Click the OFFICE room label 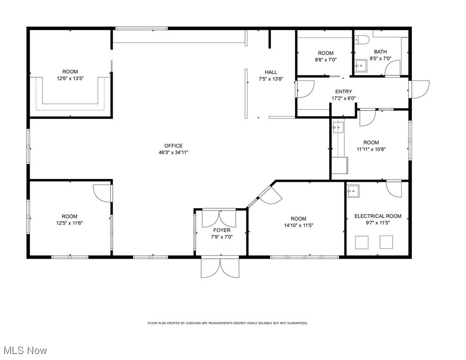[173, 146]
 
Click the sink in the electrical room [353, 191]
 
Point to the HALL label [271, 72]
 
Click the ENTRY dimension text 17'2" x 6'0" [344, 98]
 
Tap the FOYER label [222, 230]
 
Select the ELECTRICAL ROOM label [378, 216]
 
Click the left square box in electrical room [362, 242]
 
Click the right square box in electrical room [386, 242]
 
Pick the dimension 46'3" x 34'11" [173, 153]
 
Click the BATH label [380, 52]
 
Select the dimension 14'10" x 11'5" [299, 225]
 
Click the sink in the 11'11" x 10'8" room [338, 127]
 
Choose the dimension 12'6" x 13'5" [70, 79]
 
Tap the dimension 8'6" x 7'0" [326, 60]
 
